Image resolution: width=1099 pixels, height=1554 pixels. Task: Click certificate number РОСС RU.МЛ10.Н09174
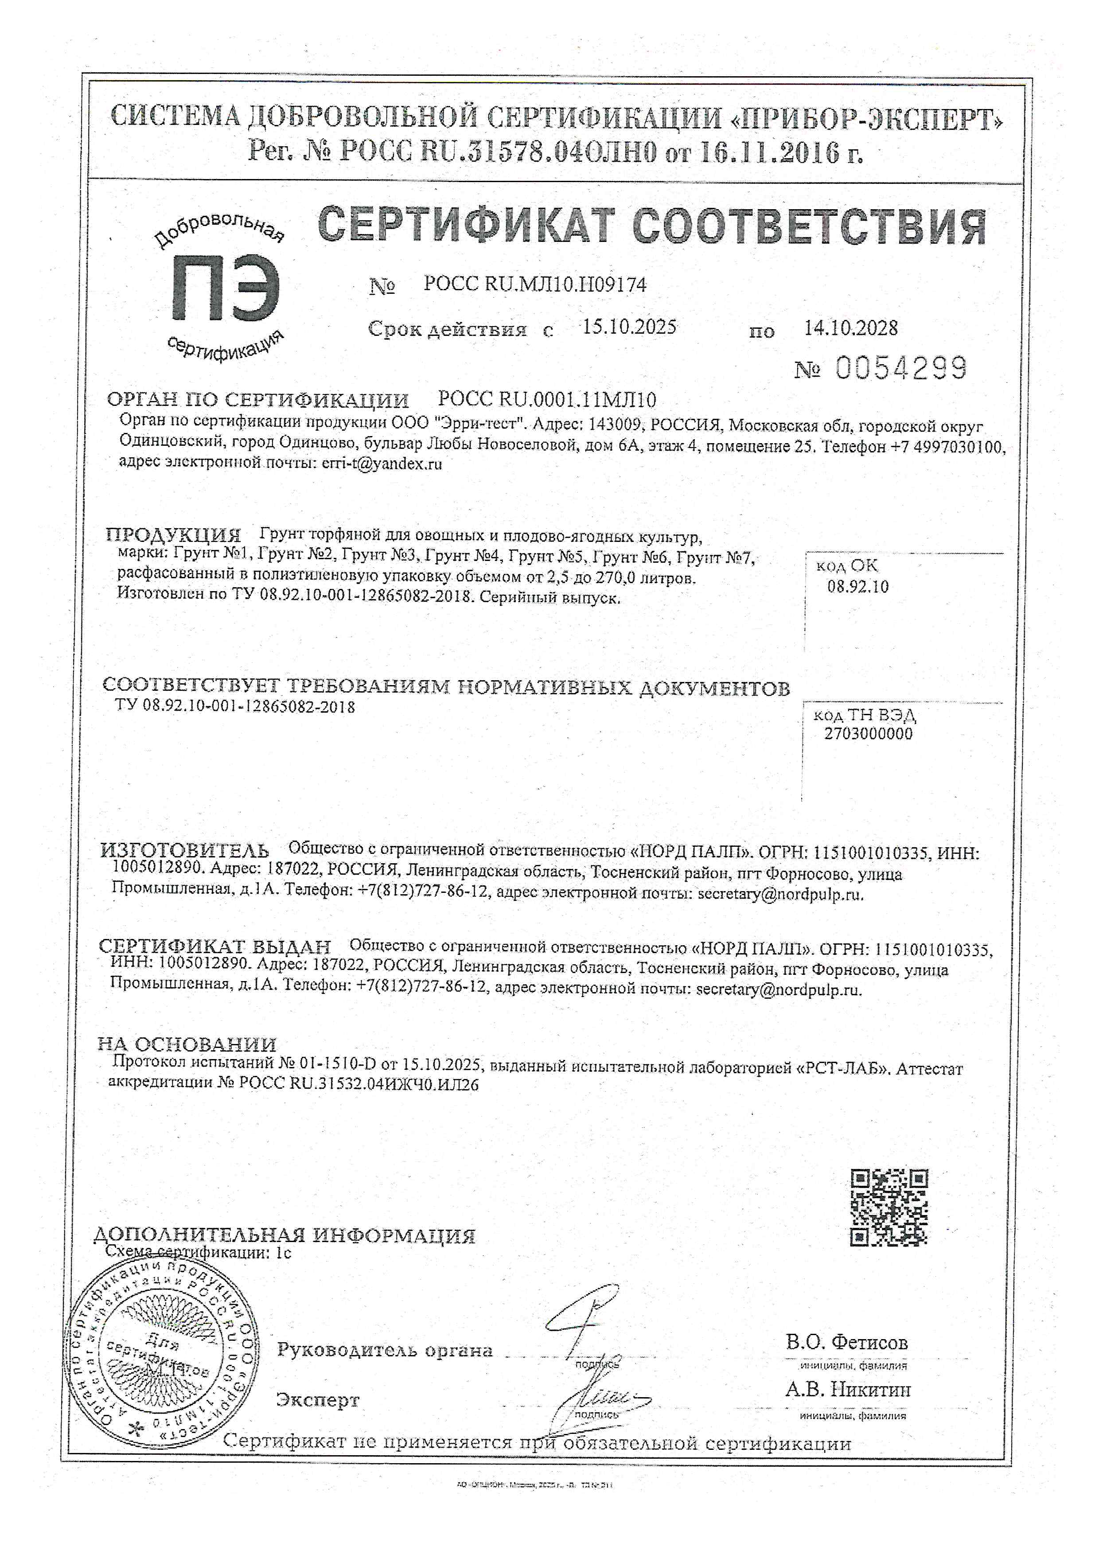(534, 284)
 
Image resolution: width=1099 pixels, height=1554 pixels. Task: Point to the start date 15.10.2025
(629, 327)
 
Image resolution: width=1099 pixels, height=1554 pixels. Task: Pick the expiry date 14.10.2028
(851, 328)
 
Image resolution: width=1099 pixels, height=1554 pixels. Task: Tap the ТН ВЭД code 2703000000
(868, 734)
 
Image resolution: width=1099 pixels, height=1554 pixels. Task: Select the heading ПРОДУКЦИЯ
(173, 535)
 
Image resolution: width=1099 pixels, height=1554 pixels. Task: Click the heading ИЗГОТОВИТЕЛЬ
(184, 850)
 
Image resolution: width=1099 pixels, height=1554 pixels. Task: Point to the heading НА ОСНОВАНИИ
(187, 1044)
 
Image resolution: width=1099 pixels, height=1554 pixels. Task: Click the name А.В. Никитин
(848, 1390)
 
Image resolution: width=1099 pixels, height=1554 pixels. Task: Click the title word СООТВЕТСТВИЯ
(809, 227)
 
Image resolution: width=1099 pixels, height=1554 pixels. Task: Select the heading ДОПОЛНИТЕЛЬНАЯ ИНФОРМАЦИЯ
(284, 1235)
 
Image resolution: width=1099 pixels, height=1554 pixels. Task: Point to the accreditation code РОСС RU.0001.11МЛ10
(547, 399)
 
